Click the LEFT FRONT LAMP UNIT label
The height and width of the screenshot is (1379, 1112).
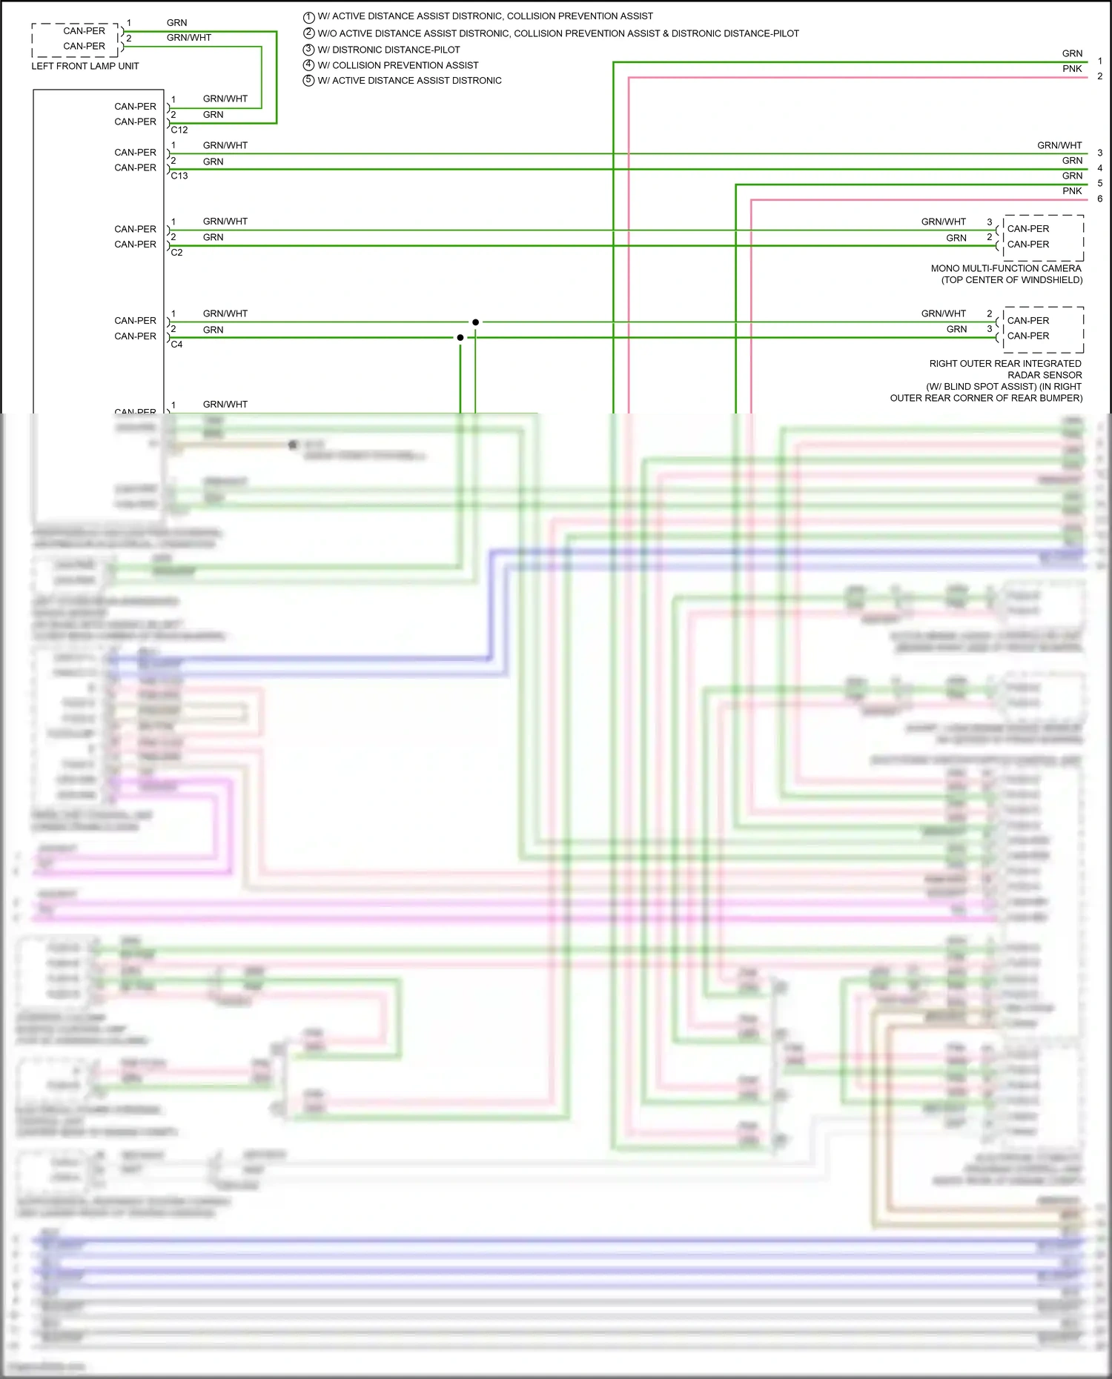pos(85,66)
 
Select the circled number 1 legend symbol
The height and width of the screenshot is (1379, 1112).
pos(309,16)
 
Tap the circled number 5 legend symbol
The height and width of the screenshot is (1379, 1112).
pos(309,80)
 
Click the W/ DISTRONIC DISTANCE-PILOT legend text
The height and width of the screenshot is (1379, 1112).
pos(388,50)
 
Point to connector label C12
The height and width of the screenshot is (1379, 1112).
pos(179,130)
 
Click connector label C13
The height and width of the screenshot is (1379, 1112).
pos(179,176)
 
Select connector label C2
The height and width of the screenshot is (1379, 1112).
pos(177,252)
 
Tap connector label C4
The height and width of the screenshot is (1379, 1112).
pos(177,344)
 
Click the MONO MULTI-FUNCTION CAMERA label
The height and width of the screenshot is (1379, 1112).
pos(1006,268)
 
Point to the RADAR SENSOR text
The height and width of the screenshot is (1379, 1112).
pos(1045,375)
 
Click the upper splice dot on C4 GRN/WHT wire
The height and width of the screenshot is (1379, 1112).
pos(475,322)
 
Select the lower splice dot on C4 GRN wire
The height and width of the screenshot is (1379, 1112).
pos(460,337)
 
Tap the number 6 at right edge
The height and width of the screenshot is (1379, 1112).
pos(1099,199)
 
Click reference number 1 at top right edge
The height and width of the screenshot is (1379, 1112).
pos(1099,61)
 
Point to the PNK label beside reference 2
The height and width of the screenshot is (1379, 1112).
pos(1072,69)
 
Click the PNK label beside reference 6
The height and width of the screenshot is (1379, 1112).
pos(1072,191)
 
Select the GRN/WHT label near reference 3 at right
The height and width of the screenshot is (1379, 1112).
pos(1059,145)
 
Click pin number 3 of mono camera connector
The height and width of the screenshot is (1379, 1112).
pos(989,222)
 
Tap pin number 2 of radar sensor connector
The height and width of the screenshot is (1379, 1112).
pos(989,313)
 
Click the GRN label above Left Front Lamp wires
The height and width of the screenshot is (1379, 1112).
pos(177,23)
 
